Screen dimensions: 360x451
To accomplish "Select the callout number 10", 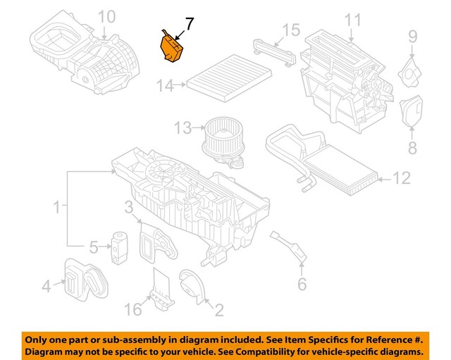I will [x=105, y=16].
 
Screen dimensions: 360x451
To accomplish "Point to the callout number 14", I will [x=165, y=86].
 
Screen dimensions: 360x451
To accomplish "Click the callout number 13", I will [x=183, y=128].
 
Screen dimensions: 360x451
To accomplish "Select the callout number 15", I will [x=291, y=30].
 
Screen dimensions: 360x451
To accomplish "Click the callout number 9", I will [x=413, y=35].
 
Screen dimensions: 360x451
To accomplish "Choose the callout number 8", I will [x=412, y=148].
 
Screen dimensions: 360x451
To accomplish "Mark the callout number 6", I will [x=302, y=285].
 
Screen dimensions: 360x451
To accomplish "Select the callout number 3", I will [x=129, y=207].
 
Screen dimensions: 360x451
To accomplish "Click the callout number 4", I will [x=46, y=286].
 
